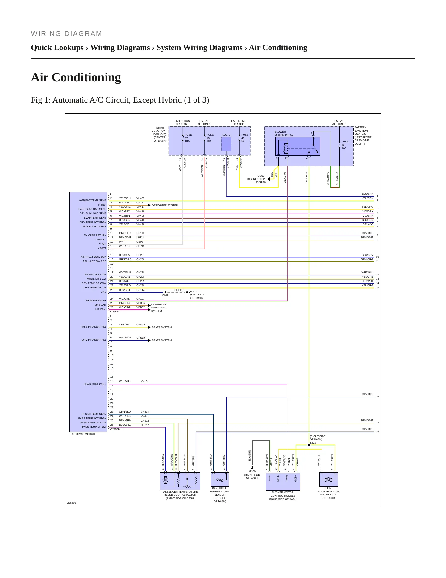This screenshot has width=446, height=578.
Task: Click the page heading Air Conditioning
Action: [76, 77]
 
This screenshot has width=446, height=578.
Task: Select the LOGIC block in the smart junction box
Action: [226, 144]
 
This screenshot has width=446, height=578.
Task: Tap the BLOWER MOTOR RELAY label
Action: [284, 133]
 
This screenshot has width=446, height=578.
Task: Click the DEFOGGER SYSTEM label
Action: [165, 205]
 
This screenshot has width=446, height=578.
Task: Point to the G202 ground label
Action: [194, 291]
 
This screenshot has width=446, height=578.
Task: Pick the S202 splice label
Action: [165, 295]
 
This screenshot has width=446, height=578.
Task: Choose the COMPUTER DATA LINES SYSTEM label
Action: [159, 308]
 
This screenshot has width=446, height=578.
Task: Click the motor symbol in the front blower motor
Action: [328, 480]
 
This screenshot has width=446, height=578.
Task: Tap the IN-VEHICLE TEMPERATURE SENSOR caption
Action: [219, 495]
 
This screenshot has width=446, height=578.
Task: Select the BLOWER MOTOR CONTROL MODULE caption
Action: [283, 496]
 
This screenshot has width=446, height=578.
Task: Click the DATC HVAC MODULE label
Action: [83, 434]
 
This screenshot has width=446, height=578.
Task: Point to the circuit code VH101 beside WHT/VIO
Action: [145, 381]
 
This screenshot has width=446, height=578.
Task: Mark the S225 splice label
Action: [313, 443]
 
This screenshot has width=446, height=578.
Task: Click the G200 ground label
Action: [252, 471]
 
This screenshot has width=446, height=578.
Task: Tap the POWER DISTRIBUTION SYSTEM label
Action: [256, 179]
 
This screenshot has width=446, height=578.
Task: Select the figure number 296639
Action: [71, 503]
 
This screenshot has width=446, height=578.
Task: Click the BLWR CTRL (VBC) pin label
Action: [95, 384]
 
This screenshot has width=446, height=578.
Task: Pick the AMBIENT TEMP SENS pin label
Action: [93, 200]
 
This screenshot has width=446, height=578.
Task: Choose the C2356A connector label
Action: [115, 312]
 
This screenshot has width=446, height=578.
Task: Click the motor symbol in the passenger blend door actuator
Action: [165, 480]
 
